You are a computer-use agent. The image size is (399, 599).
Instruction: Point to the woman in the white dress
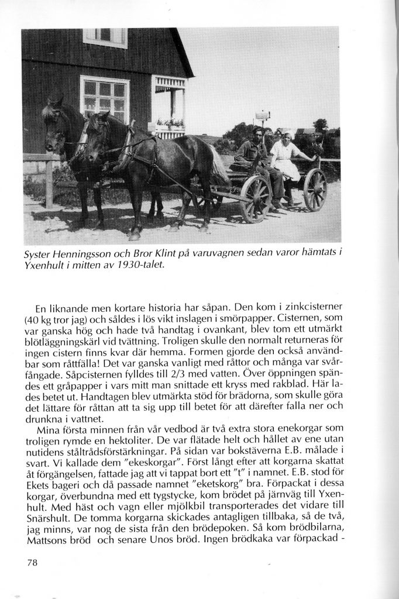click(285, 157)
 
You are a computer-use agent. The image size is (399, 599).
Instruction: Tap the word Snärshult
click(49, 519)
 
